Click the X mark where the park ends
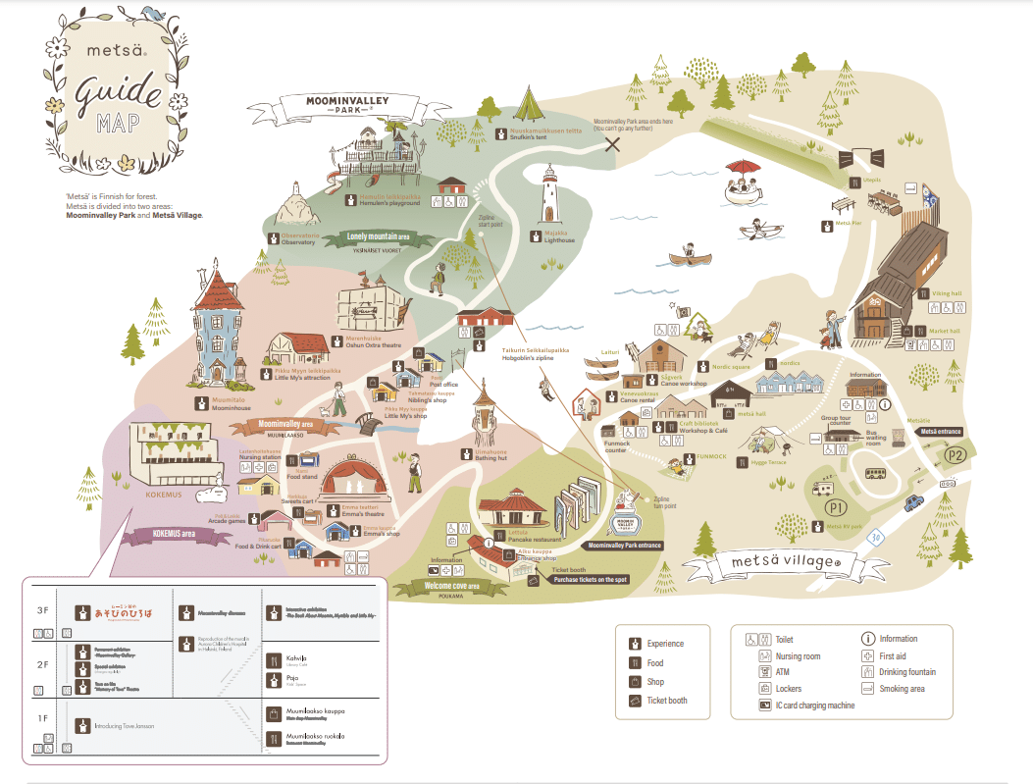click(614, 144)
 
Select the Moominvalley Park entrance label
click(624, 545)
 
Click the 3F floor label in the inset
click(42, 610)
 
